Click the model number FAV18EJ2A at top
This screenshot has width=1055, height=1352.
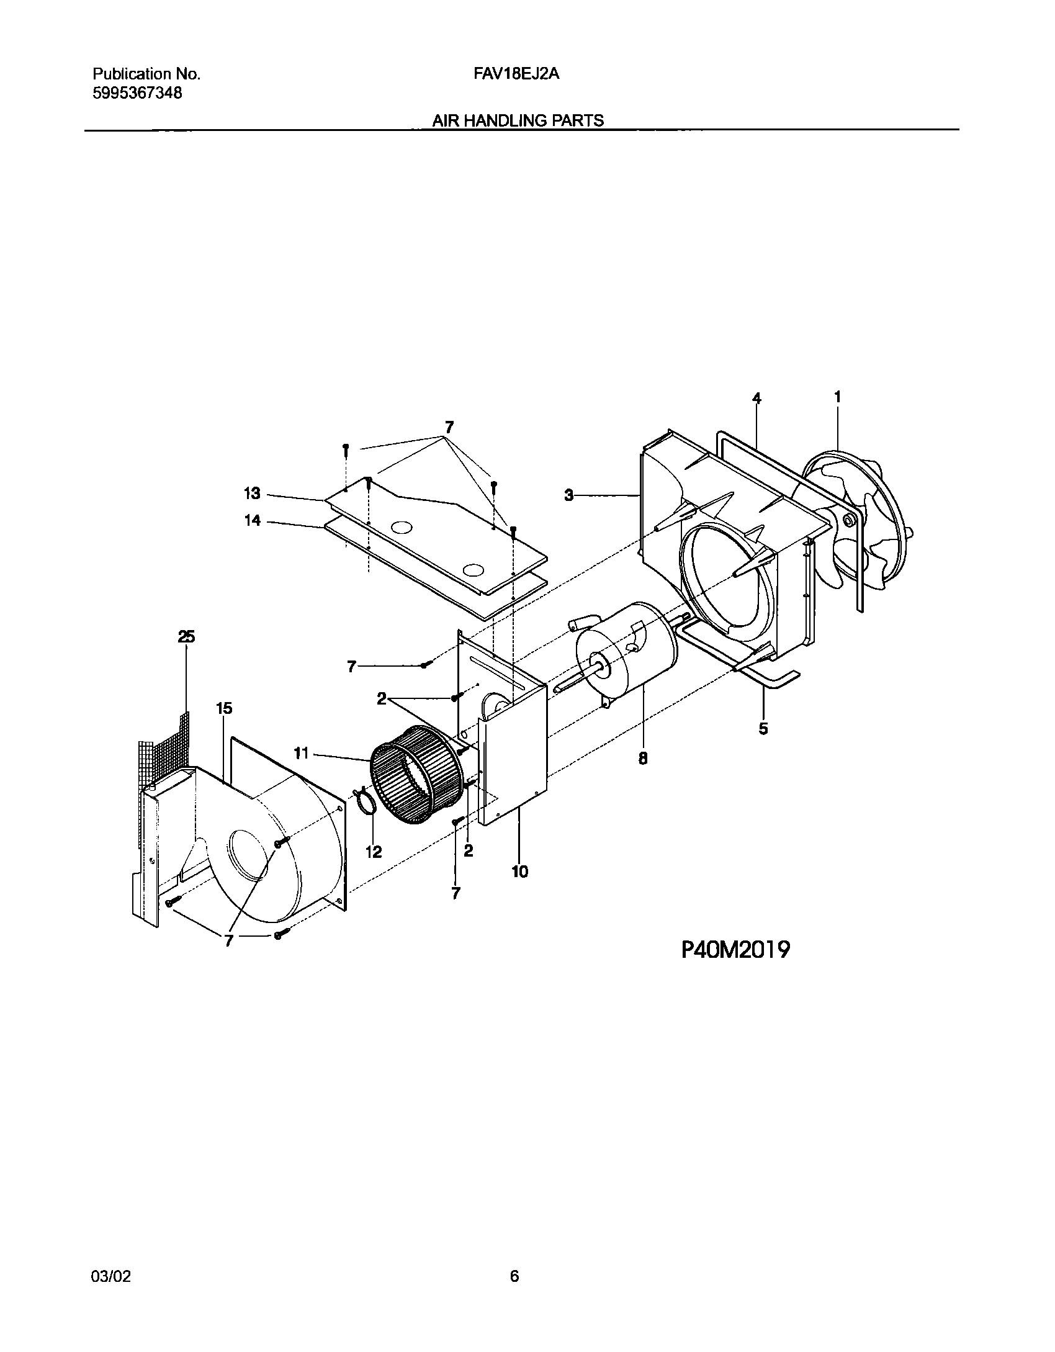pos(516,74)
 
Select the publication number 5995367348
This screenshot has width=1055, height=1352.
pos(137,93)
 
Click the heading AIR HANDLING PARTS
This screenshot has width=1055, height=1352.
pos(518,120)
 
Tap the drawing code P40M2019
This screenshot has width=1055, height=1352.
pos(736,949)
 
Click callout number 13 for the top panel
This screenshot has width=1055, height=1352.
pos(252,494)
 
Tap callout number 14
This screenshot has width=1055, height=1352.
pos(252,521)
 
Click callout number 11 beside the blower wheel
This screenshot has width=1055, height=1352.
pos(301,754)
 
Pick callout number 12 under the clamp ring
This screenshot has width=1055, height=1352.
pos(374,852)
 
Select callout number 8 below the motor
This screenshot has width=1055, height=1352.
pos(643,758)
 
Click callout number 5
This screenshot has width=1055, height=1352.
pos(763,728)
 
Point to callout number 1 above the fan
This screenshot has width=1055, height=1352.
pos(837,397)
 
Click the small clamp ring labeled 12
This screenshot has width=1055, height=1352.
pos(367,803)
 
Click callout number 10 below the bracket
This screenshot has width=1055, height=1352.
pos(520,872)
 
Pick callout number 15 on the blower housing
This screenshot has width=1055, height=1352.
pos(224,708)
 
